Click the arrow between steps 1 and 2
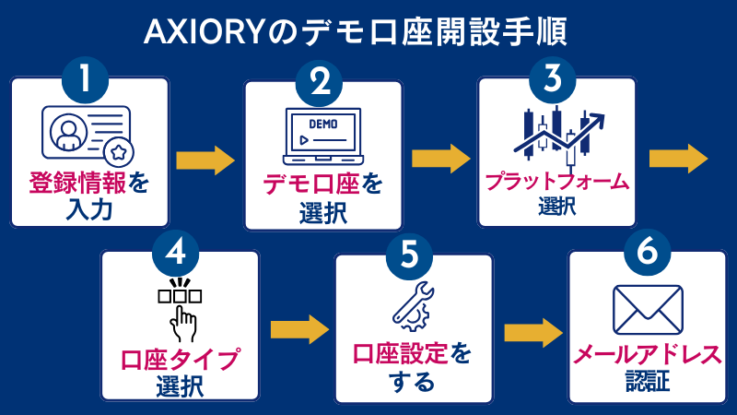click(205, 160)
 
